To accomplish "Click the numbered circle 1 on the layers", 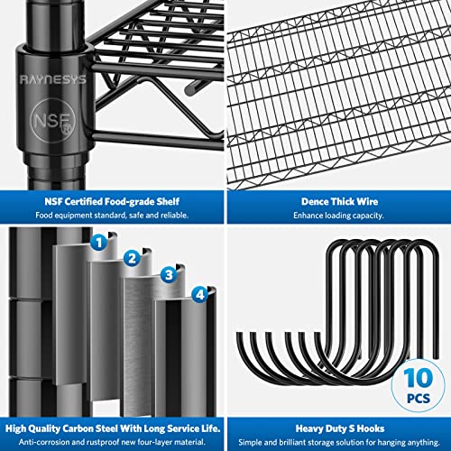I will (x=100, y=241).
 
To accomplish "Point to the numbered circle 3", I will (x=168, y=274).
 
